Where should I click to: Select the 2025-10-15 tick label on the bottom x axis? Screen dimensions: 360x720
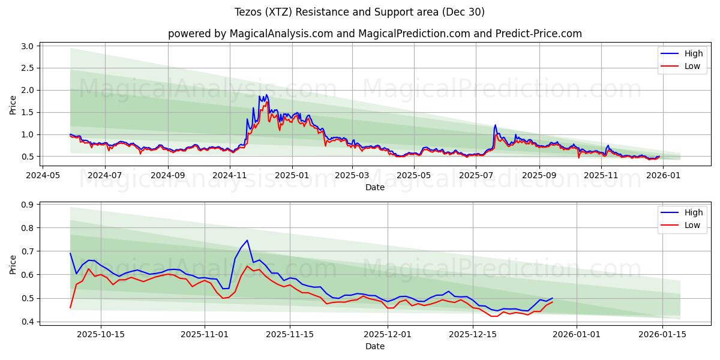tap(100, 334)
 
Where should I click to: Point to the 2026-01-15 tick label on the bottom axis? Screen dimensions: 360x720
tap(662, 334)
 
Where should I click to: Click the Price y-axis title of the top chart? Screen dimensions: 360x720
tap(13, 105)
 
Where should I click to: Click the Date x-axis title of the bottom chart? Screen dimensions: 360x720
tap(374, 346)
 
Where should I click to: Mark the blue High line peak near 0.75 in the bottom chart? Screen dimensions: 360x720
tap(247, 240)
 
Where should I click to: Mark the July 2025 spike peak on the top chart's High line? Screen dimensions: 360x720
tap(495, 125)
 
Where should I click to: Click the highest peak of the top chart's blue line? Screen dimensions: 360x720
tap(266, 95)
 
